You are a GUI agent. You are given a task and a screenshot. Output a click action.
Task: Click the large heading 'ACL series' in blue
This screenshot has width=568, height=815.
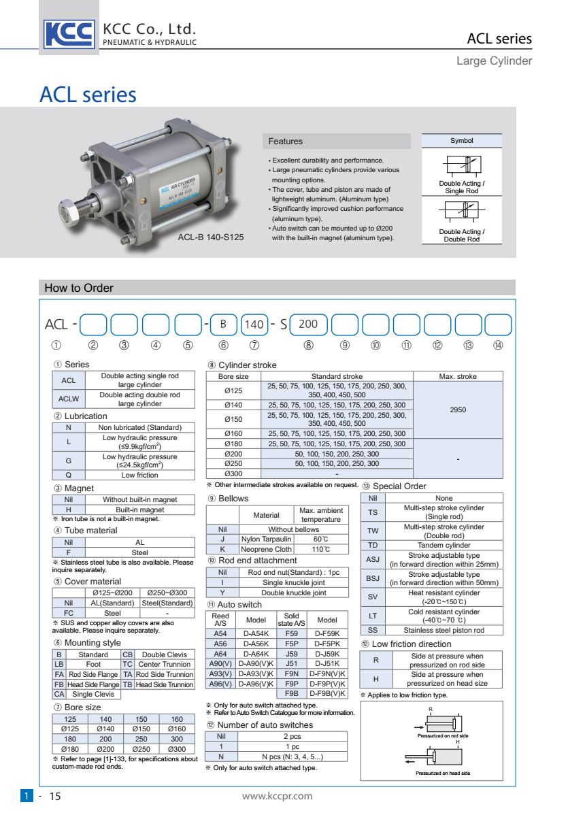coord(88,95)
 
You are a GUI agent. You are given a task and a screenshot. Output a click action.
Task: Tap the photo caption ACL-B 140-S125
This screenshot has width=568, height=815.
coord(210,237)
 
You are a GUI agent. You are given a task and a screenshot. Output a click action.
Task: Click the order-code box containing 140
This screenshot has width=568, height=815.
coord(253,325)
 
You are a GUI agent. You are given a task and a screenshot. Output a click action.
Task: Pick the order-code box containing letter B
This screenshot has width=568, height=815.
coord(222,325)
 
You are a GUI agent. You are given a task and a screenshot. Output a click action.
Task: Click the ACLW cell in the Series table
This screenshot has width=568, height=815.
coord(69,399)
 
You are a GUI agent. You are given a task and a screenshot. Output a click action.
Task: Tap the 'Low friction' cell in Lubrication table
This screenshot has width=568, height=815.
coord(140,475)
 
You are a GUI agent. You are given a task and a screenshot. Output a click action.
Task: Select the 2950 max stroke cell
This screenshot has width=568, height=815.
coord(458,410)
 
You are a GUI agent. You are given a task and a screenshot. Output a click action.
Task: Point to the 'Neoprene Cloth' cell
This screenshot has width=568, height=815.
coord(267,549)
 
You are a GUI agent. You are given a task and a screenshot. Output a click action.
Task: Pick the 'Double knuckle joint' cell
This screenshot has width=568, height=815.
coord(294,593)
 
